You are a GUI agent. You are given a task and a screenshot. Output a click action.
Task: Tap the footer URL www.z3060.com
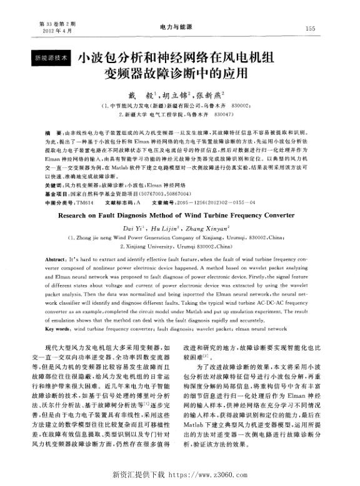click(206, 477)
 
